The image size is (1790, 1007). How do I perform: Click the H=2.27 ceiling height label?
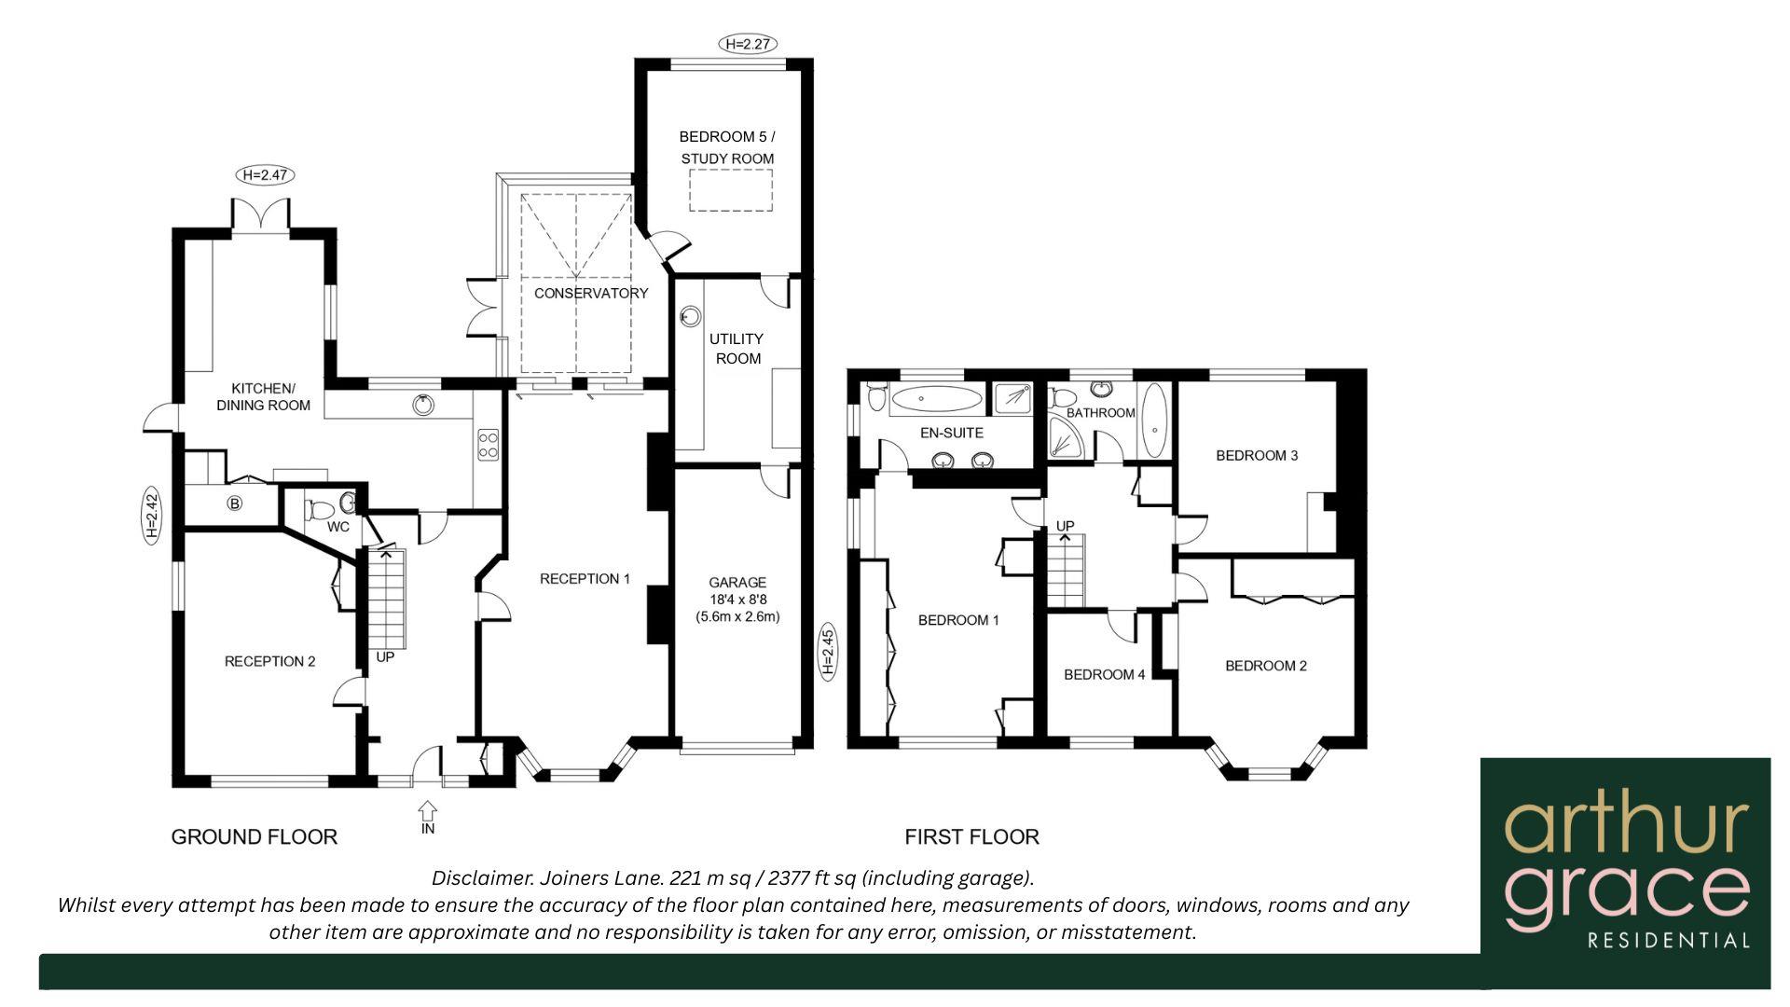[748, 43]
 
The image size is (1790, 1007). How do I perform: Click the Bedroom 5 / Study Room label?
[726, 147]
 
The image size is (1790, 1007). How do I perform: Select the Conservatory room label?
[590, 293]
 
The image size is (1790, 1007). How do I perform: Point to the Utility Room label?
[737, 348]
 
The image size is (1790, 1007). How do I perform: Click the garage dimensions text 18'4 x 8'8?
[737, 600]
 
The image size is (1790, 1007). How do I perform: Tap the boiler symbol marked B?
[235, 504]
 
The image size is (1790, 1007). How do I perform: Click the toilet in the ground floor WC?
[319, 510]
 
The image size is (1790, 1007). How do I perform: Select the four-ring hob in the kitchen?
[488, 444]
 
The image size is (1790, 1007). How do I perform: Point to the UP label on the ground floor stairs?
[385, 656]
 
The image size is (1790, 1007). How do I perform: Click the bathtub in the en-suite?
[935, 399]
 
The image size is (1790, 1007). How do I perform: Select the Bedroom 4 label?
[1104, 674]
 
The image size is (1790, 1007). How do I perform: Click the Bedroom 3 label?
[1256, 455]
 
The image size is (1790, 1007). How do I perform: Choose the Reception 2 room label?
[269, 661]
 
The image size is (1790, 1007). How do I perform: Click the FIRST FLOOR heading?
[971, 836]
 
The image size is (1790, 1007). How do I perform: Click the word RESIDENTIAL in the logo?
[1668, 940]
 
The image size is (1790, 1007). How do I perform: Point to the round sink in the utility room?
[690, 317]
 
